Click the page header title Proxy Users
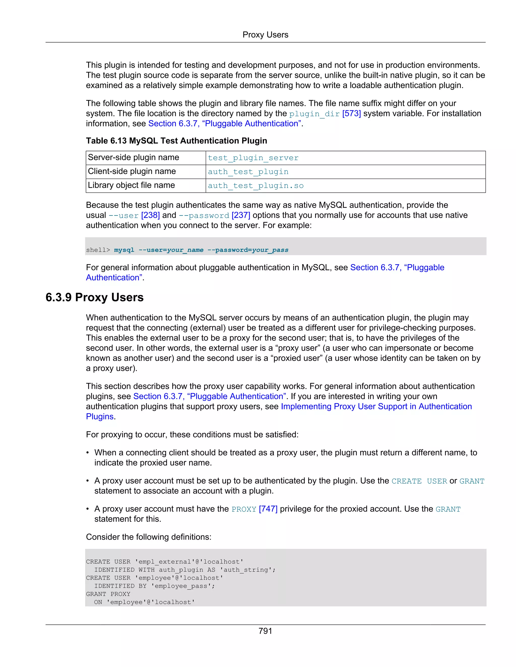[265, 35]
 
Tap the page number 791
[265, 631]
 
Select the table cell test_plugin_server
[253, 158]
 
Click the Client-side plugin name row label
[132, 171]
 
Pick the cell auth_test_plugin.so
[255, 186]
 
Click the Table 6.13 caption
[176, 141]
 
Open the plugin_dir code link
[314, 114]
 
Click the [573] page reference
[351, 114]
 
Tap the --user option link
[123, 216]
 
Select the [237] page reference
[241, 215]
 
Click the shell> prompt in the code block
[98, 250]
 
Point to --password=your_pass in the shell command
[248, 250]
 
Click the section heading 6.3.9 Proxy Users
[94, 298]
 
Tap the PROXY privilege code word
[244, 509]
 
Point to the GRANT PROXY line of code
[108, 594]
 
